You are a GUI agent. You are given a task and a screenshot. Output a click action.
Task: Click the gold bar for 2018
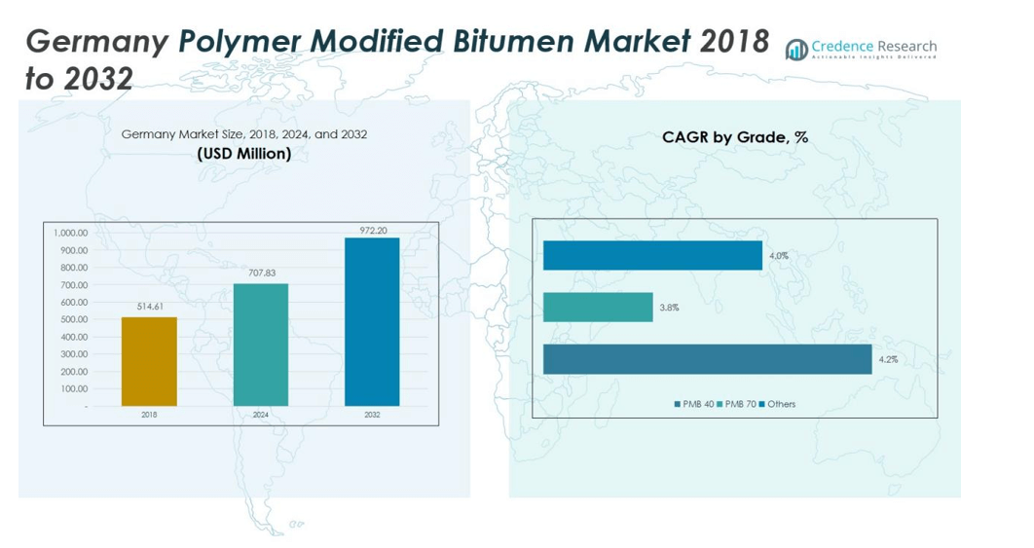tap(149, 361)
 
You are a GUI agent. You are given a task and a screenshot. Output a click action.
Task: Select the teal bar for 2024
tap(261, 345)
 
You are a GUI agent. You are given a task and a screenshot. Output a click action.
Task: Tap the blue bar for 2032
tap(372, 321)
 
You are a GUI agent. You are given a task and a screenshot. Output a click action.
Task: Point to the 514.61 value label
tap(149, 308)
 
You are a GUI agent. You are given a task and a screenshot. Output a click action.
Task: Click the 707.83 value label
tap(261, 274)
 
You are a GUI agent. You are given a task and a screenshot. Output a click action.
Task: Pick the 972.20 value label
tap(372, 230)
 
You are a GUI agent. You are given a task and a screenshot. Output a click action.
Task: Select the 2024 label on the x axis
tap(261, 415)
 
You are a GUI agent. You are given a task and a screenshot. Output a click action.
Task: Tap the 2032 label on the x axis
tap(372, 415)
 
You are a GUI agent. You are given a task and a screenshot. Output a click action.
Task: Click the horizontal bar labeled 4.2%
tap(707, 359)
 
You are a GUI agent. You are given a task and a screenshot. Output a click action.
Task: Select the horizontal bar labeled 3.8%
tap(598, 308)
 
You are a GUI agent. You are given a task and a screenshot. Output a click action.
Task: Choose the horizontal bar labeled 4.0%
tap(652, 256)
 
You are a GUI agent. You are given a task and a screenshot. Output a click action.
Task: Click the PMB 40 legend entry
tap(694, 404)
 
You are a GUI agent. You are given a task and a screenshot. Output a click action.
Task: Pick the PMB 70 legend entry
tap(737, 404)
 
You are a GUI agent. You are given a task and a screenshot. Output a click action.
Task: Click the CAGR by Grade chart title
tap(735, 137)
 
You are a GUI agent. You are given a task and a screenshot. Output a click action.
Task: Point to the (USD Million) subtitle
tap(243, 154)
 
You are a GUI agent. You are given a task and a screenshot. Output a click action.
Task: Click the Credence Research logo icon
tap(797, 49)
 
